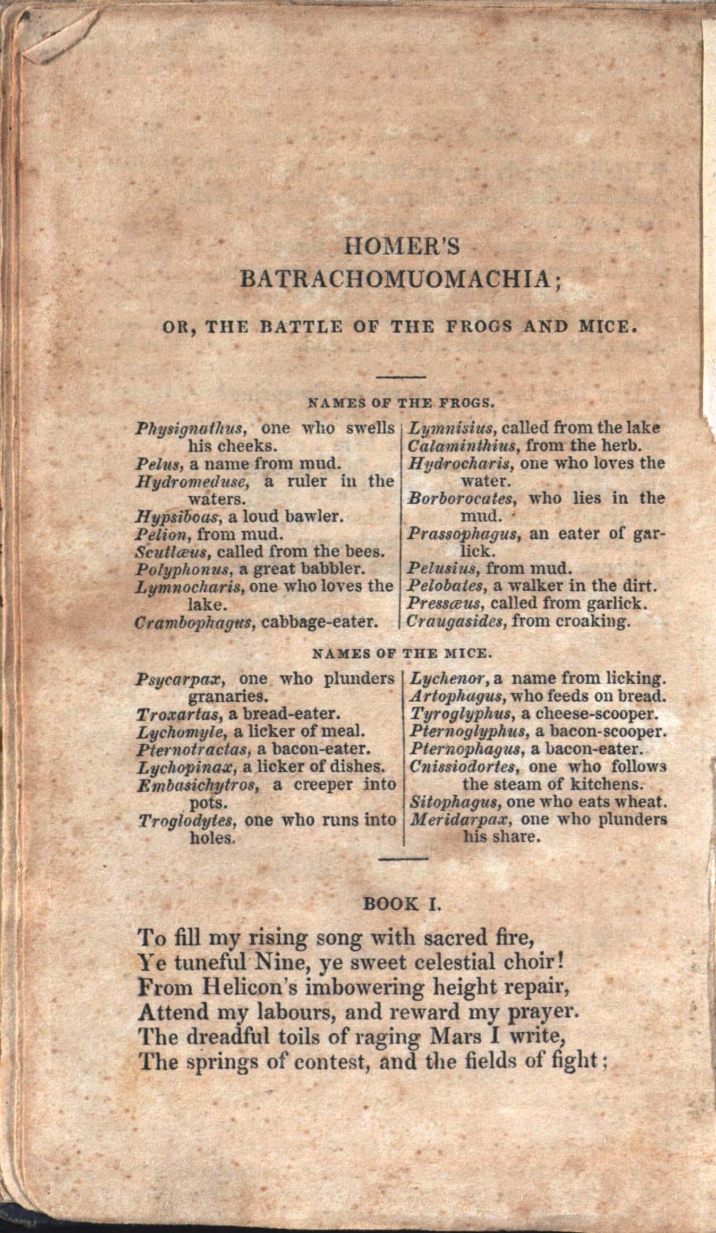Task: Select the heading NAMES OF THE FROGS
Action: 401,402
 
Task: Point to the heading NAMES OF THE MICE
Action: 401,653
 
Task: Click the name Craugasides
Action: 455,622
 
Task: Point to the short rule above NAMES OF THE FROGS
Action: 401,377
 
